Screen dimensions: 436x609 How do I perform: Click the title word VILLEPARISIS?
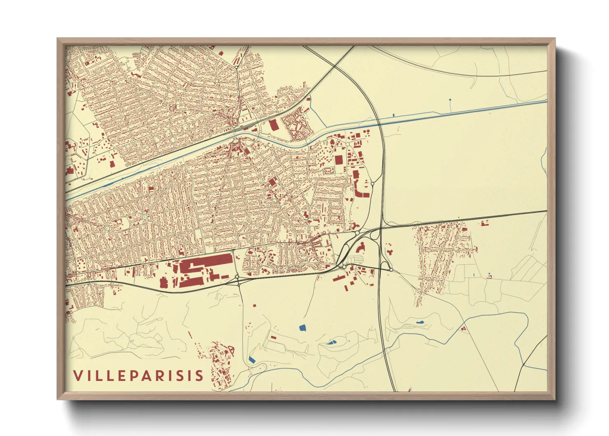click(138, 375)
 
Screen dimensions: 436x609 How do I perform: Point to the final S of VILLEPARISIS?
click(199, 375)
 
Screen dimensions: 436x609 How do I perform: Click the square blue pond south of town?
click(302, 328)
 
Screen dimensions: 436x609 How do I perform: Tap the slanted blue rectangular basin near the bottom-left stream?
click(252, 360)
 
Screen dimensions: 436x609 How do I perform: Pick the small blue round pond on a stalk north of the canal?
click(450, 100)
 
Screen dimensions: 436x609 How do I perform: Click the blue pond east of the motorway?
click(420, 322)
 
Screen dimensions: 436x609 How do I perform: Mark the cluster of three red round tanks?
click(464, 328)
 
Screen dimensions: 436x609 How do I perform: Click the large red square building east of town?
click(339, 160)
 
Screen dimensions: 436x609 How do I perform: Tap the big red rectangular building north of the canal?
click(273, 125)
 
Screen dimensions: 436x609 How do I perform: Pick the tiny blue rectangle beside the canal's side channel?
click(394, 115)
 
